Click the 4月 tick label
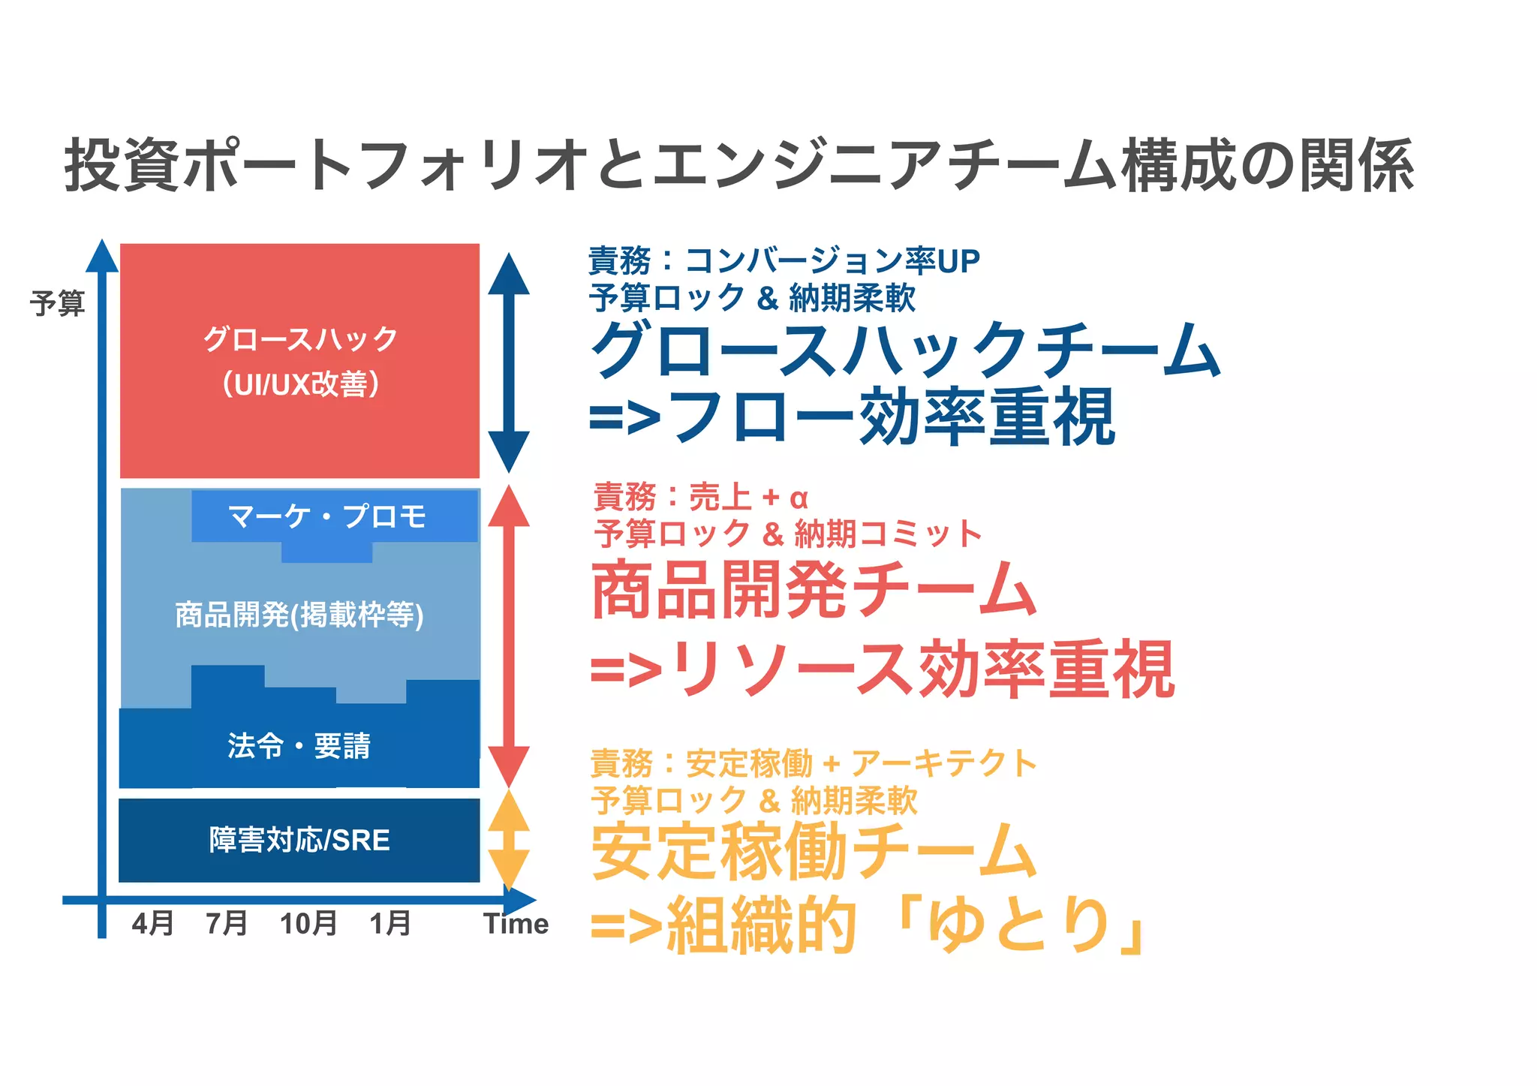[x=152, y=923]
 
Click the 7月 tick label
[x=227, y=923]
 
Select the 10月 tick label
[x=308, y=923]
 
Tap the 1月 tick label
[x=390, y=923]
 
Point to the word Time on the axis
[x=516, y=923]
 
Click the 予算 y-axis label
[x=58, y=303]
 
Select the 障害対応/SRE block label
[x=299, y=840]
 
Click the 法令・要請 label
[x=299, y=746]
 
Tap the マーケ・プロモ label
[x=327, y=516]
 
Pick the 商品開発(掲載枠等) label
[x=299, y=615]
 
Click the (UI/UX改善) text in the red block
[x=299, y=384]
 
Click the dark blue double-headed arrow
[x=509, y=362]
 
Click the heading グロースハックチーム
[x=905, y=350]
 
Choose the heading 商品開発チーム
[x=814, y=590]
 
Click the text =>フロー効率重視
[x=853, y=417]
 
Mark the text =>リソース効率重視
[x=883, y=669]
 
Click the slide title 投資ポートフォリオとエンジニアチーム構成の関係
[x=739, y=165]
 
